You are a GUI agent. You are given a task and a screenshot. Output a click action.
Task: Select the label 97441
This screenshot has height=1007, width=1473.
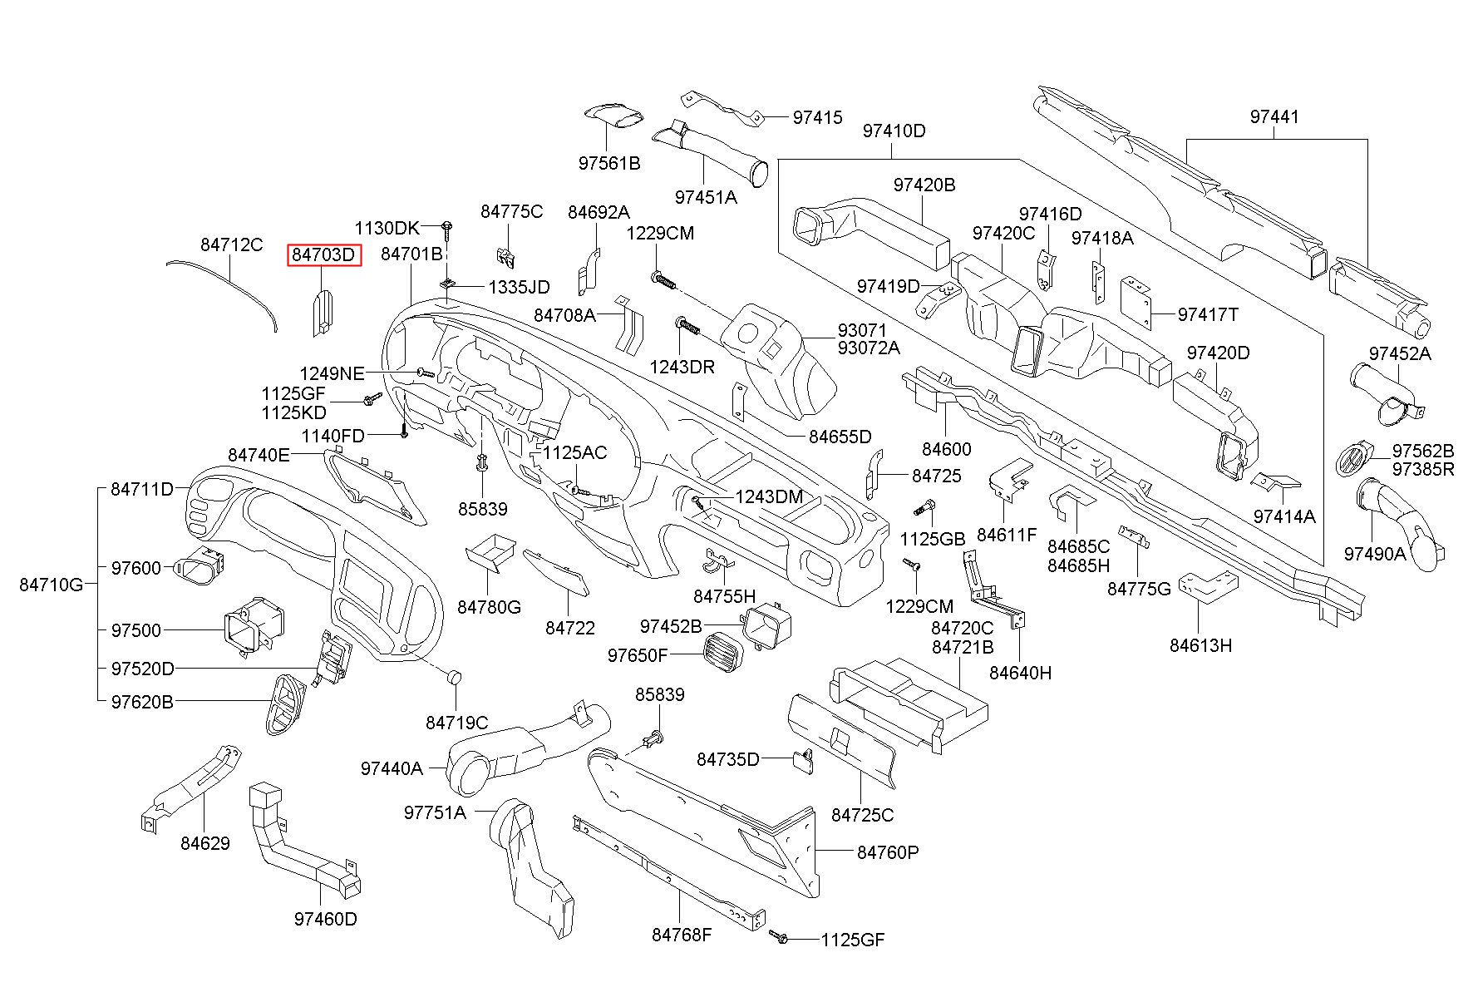(1274, 117)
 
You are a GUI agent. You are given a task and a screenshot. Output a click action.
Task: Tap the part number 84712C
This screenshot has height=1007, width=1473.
(231, 244)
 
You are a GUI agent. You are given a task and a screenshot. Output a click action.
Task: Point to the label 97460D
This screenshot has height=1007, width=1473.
(325, 919)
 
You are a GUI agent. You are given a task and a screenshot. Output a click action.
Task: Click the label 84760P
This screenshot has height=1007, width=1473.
(888, 852)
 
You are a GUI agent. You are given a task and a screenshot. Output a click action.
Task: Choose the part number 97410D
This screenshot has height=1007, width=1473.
(894, 131)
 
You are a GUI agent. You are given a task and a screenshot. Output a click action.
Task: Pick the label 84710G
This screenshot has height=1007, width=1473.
(52, 585)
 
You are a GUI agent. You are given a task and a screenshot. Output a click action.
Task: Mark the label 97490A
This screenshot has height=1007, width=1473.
(1375, 553)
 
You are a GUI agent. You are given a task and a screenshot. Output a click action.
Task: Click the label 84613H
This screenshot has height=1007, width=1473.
(1200, 644)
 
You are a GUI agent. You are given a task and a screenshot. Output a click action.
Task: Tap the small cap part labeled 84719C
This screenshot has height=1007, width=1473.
(454, 676)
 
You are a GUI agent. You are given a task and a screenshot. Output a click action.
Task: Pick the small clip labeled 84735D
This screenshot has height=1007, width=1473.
(804, 760)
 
